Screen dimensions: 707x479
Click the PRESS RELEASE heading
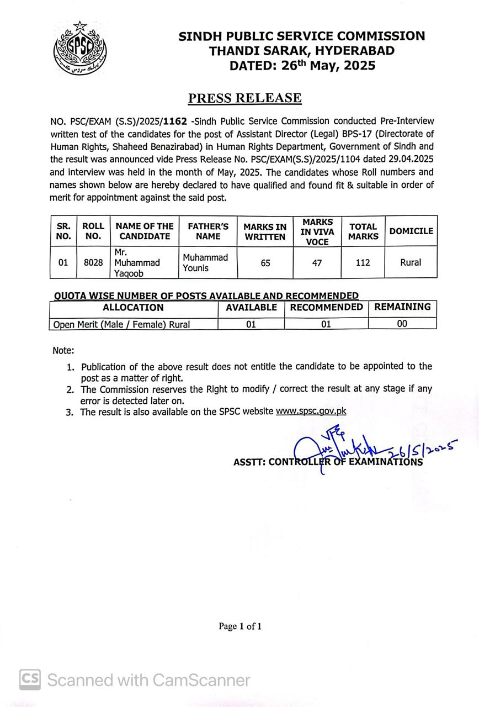[x=245, y=98]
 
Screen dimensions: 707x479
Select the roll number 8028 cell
[x=93, y=263]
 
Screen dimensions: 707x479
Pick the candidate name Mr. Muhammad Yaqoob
[x=136, y=263]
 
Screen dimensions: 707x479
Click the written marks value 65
[x=265, y=263]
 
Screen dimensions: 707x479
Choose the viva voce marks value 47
[x=317, y=263]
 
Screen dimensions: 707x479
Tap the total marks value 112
[x=363, y=263]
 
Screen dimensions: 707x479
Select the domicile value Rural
[x=411, y=263]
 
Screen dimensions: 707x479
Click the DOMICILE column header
[x=411, y=231]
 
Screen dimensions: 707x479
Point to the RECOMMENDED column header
[x=326, y=307]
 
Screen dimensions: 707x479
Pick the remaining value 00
[x=402, y=324]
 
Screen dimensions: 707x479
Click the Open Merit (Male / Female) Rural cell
[x=121, y=325]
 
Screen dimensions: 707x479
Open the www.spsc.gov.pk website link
[x=311, y=411]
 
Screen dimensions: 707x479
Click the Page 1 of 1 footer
[x=239, y=626]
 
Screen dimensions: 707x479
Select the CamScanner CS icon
[x=30, y=679]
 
